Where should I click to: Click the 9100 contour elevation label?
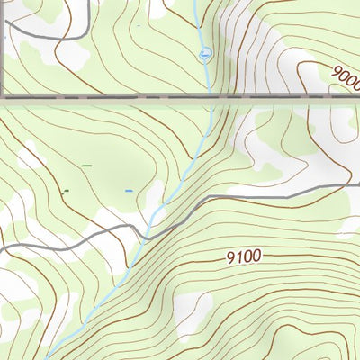[244, 257]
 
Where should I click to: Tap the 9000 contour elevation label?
[346, 77]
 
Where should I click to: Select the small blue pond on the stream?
[206, 55]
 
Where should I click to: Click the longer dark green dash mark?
[87, 166]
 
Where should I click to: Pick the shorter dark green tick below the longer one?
[65, 191]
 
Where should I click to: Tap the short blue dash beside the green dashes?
[129, 191]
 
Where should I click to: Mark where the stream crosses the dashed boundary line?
[209, 96]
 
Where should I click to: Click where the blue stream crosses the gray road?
[147, 232]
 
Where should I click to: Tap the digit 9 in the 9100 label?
[230, 257]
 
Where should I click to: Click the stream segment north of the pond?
[200, 22]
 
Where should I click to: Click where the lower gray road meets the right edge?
[357, 186]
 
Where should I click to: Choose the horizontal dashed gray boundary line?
[135, 96]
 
